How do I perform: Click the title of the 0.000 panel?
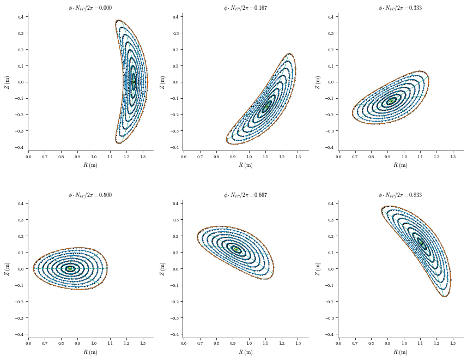click(90, 8)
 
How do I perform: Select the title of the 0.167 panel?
click(245, 8)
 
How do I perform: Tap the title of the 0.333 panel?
click(400, 8)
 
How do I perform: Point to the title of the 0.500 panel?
click(90, 195)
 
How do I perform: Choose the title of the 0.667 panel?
click(245, 195)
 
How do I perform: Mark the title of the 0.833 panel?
click(400, 195)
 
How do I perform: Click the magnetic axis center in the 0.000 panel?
click(134, 82)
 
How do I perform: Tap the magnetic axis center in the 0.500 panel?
click(70, 268)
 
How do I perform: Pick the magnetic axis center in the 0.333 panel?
click(391, 101)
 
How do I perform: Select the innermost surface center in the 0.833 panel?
click(421, 243)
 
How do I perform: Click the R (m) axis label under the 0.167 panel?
click(245, 165)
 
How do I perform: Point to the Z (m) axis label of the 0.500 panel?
click(7, 268)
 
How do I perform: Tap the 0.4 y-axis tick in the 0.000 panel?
click(20, 17)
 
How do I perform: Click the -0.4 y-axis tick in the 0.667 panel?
click(174, 334)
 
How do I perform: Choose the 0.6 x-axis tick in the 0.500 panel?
click(28, 344)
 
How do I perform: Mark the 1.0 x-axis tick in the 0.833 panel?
click(404, 344)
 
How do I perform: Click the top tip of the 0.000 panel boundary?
click(118, 20)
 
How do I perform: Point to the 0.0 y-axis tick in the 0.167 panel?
click(175, 82)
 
